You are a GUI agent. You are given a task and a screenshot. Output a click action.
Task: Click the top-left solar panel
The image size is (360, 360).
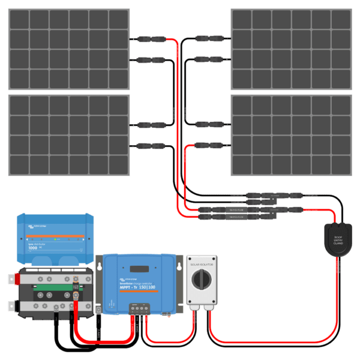(x=69, y=49)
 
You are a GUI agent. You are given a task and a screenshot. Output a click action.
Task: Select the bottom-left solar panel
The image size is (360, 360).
(x=69, y=135)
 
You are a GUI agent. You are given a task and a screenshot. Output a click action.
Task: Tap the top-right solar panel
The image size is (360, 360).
(x=291, y=49)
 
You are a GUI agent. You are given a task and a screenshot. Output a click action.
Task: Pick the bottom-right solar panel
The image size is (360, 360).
(x=291, y=135)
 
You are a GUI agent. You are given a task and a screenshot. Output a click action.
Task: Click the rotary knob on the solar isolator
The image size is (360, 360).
(x=201, y=279)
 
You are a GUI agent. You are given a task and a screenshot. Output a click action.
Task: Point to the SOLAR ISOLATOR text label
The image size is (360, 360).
(x=201, y=262)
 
